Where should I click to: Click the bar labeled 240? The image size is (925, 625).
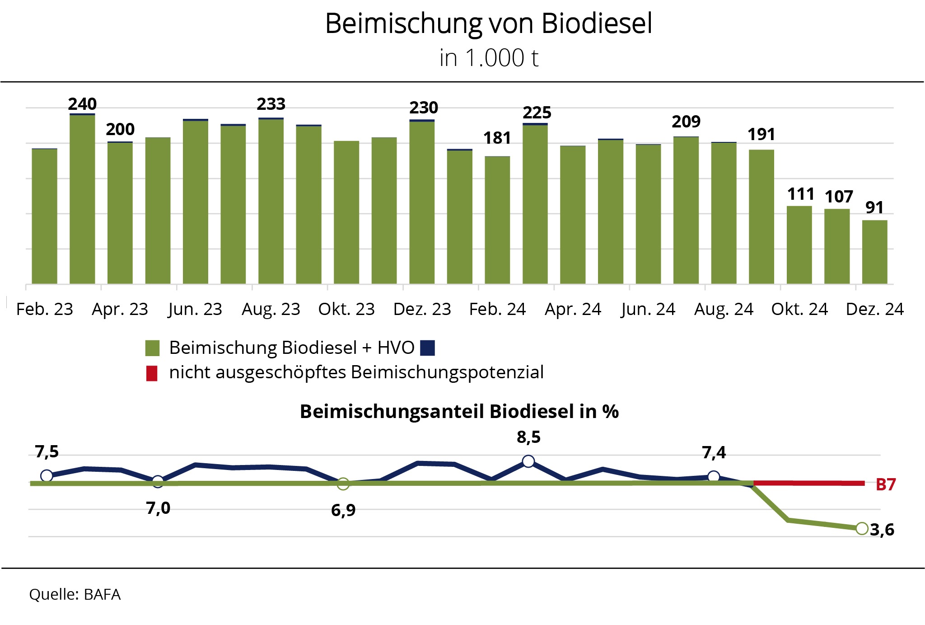tap(82, 199)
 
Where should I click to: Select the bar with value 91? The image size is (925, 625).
tap(874, 252)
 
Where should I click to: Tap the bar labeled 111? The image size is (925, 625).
tap(799, 245)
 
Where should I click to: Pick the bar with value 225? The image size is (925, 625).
tap(535, 203)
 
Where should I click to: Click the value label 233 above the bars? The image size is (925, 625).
tap(271, 104)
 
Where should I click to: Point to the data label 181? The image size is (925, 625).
tap(497, 138)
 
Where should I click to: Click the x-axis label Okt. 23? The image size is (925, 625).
tap(346, 310)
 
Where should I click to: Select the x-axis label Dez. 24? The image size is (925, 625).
tap(874, 310)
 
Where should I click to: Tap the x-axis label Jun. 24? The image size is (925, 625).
tap(648, 310)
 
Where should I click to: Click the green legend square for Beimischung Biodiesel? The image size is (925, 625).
tap(152, 348)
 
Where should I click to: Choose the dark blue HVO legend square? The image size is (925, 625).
tap(427, 348)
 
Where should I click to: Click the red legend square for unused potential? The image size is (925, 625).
tap(152, 373)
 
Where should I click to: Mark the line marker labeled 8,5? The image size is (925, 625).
tap(528, 461)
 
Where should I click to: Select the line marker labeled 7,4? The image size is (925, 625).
tap(714, 476)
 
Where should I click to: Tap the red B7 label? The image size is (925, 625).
tap(885, 484)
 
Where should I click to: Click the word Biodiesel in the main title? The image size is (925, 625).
tap(596, 23)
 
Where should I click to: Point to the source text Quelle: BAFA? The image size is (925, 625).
tap(75, 594)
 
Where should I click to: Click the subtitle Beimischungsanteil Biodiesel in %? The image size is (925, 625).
tap(459, 412)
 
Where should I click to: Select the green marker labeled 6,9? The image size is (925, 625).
tap(343, 484)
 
